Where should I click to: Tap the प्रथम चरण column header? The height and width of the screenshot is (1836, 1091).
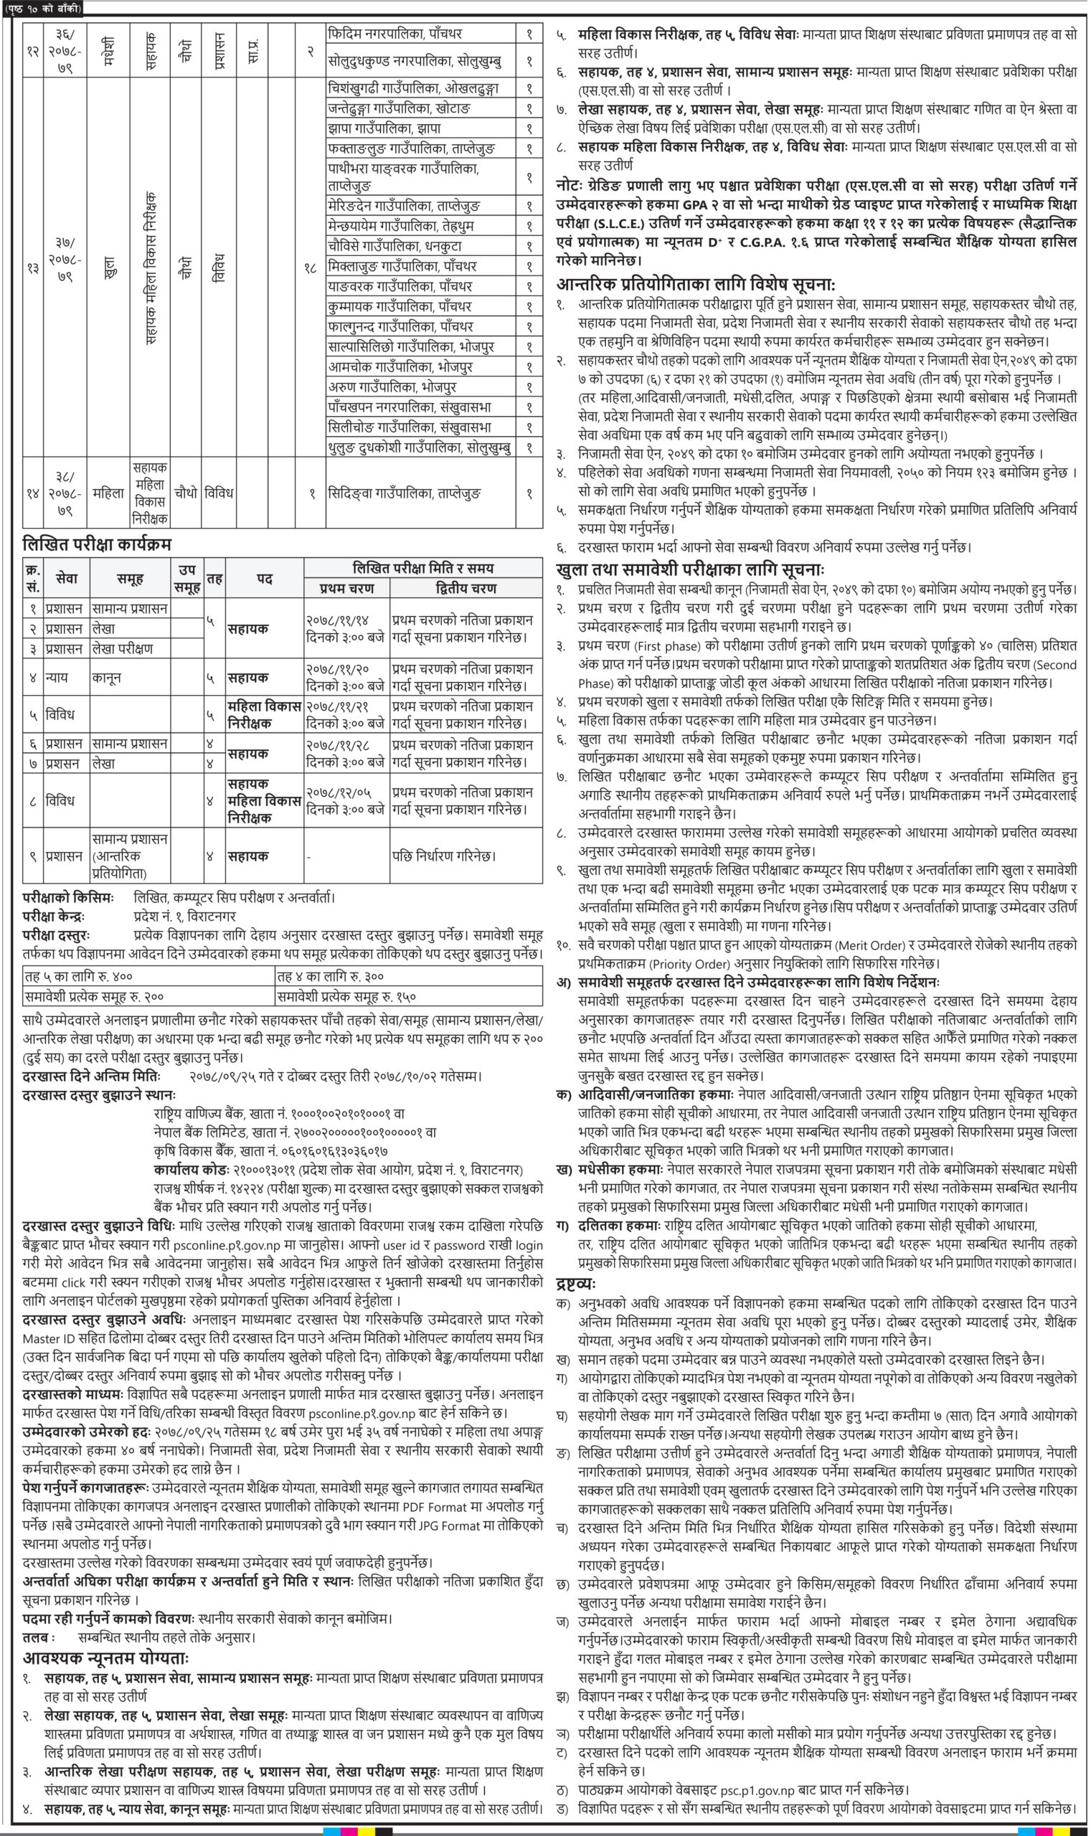click(x=346, y=588)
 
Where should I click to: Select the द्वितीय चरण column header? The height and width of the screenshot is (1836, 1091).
click(x=466, y=588)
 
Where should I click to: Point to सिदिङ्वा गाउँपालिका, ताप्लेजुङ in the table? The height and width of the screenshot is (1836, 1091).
click(x=405, y=494)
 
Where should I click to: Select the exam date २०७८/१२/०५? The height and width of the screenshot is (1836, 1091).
click(x=344, y=793)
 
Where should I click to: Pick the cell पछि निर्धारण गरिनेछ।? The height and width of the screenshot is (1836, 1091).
click(x=443, y=856)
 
